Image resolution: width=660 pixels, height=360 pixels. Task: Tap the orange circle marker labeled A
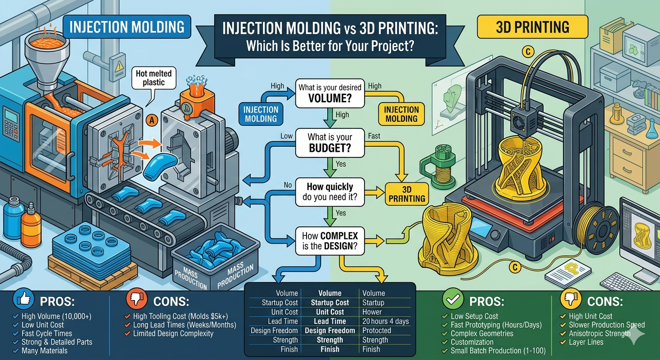[x=151, y=120]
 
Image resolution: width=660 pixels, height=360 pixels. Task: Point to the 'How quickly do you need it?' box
[x=330, y=192]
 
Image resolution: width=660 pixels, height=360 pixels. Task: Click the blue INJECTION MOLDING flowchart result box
[x=261, y=114]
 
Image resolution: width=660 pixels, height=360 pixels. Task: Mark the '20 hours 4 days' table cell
[x=385, y=321]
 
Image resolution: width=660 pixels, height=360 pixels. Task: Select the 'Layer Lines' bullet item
[x=586, y=342]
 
